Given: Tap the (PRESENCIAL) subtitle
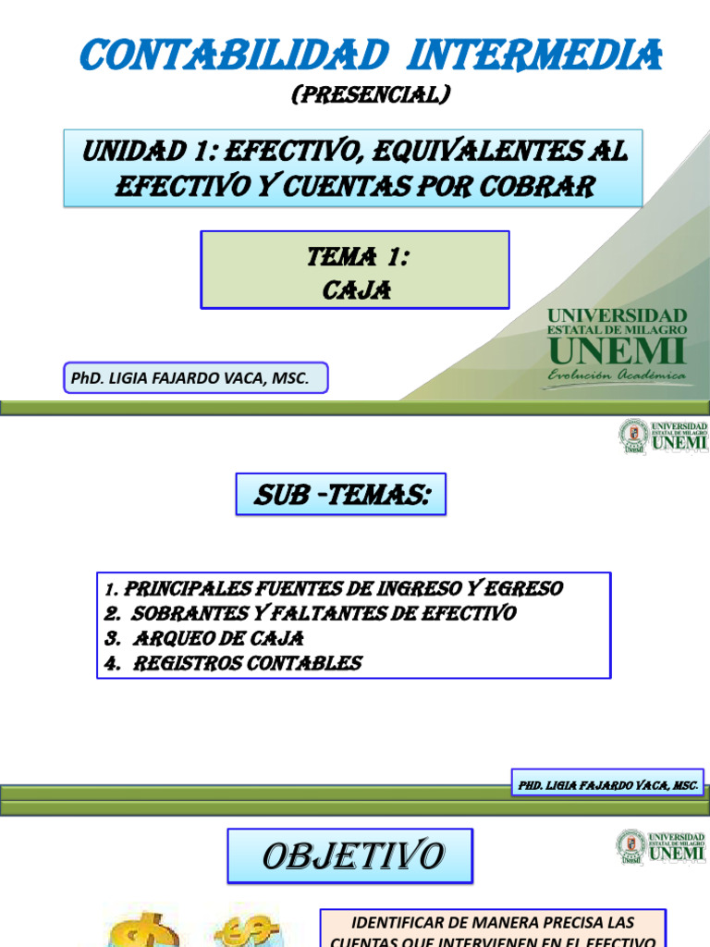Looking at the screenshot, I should tap(370, 94).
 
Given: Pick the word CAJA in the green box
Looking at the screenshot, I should tap(357, 290).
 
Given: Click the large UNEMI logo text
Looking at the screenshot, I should tap(617, 351).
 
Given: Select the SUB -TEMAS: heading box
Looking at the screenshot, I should tap(340, 495).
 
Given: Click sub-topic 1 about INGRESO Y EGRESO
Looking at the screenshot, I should tap(334, 589).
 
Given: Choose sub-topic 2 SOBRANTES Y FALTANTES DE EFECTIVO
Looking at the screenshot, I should tap(310, 613).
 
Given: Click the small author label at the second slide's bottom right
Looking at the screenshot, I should tap(606, 784).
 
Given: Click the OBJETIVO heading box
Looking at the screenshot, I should tap(350, 856).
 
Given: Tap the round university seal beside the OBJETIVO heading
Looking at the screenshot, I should tap(632, 846).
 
